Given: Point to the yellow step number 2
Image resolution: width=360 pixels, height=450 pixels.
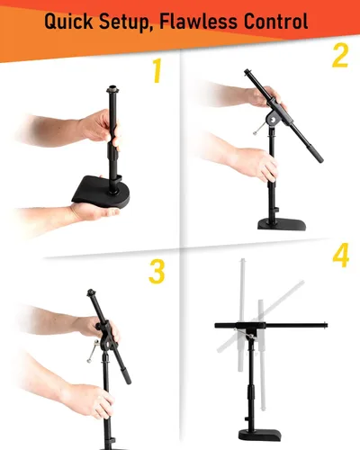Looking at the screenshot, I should [x=338, y=57].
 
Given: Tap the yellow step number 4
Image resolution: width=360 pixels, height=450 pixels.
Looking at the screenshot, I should [x=339, y=256].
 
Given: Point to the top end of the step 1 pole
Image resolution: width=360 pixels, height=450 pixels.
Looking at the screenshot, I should [x=114, y=89].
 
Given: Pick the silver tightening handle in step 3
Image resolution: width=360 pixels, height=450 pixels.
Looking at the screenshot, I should [x=92, y=357].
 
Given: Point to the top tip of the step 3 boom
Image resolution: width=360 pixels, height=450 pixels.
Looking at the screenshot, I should [x=92, y=292].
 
